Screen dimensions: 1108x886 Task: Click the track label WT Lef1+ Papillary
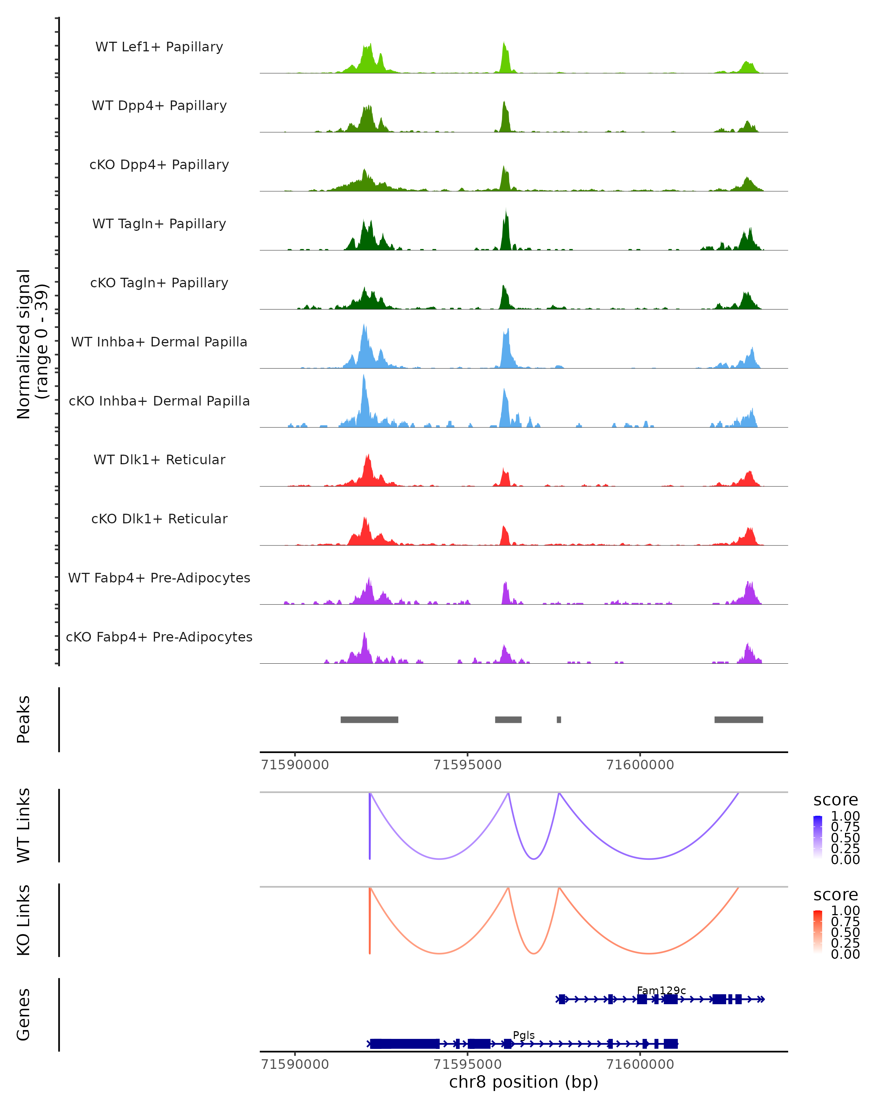click(x=159, y=47)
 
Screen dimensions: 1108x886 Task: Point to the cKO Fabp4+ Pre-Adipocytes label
click(x=159, y=637)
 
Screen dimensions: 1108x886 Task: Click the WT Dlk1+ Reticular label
click(x=159, y=459)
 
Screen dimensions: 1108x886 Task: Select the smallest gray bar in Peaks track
click(x=559, y=719)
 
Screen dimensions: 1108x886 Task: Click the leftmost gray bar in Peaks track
click(x=369, y=719)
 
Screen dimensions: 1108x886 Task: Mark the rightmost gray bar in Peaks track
click(x=739, y=719)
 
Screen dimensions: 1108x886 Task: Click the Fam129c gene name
click(x=661, y=990)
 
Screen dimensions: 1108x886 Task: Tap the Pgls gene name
click(x=524, y=1035)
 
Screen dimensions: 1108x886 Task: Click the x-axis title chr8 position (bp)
click(x=523, y=1082)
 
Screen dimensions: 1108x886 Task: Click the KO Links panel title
click(x=24, y=920)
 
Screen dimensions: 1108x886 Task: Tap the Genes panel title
click(x=24, y=1015)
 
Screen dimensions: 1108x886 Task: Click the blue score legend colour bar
click(x=818, y=837)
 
